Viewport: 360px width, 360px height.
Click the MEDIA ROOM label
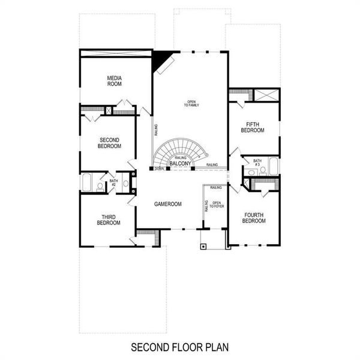[x=115, y=81]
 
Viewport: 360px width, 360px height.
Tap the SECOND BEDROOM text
[x=109, y=142]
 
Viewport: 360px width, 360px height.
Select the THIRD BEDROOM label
[x=109, y=220]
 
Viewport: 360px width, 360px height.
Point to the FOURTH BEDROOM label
[x=254, y=217]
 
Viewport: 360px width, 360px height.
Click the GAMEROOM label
[x=167, y=204]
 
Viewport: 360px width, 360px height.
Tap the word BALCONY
[x=180, y=163]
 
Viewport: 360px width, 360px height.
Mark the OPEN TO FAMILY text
[x=191, y=103]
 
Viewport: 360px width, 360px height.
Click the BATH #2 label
[x=112, y=182]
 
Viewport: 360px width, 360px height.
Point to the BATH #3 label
[x=257, y=163]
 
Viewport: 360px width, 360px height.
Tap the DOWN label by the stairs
[x=159, y=169]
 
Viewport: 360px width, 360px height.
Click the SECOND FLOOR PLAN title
[x=179, y=347]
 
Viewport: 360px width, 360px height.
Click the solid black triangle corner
[x=159, y=58]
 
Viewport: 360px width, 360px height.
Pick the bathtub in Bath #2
[x=85, y=182]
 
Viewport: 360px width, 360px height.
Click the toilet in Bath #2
[x=100, y=186]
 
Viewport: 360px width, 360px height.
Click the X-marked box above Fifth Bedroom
[x=266, y=95]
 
